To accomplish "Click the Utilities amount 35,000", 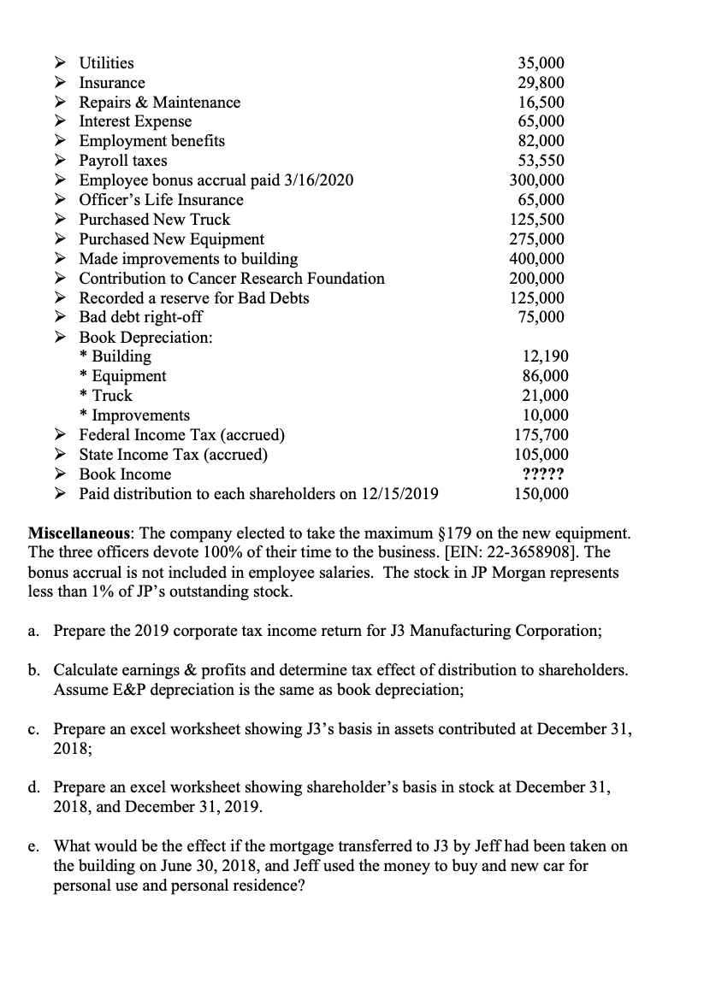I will click(x=541, y=63).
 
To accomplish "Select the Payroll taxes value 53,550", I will click(x=541, y=161).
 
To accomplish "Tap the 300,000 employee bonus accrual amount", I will click(x=538, y=180).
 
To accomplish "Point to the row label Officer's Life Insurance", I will click(x=161, y=200).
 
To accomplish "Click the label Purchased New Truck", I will click(x=155, y=220).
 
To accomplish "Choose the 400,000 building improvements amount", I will click(x=538, y=259).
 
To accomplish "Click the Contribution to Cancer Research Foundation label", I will click(x=232, y=279).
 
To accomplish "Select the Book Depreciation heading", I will click(x=145, y=337).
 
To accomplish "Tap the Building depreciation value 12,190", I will click(x=545, y=356).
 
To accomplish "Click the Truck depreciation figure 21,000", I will click(x=545, y=396).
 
